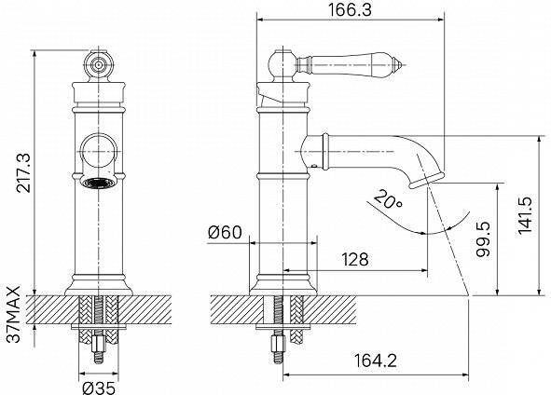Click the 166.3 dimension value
pyautogui.click(x=350, y=10)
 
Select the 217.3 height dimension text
pyautogui.click(x=24, y=172)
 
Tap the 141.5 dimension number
pyautogui.click(x=525, y=215)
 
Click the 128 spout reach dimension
pyautogui.click(x=355, y=260)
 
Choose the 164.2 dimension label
pyautogui.click(x=375, y=361)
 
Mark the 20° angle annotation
pyautogui.click(x=388, y=199)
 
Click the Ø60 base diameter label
pyautogui.click(x=225, y=232)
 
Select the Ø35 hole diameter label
pyautogui.click(x=99, y=388)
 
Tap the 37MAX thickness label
pyautogui.click(x=13, y=314)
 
